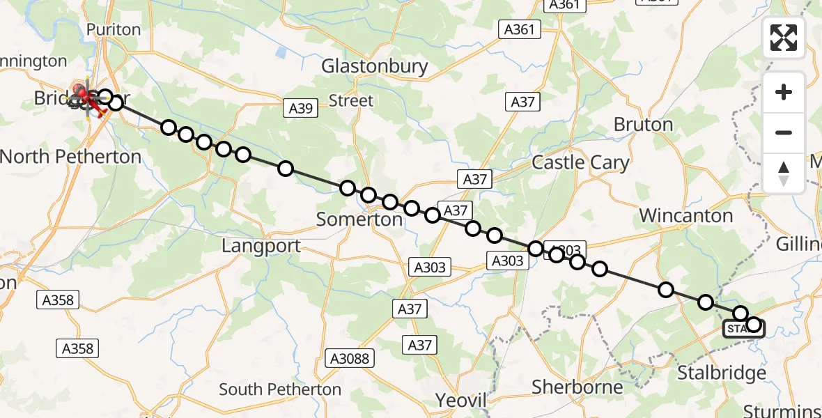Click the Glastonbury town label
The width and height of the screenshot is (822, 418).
(374, 66)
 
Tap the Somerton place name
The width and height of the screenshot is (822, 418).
(359, 219)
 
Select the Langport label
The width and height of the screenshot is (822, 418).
(261, 246)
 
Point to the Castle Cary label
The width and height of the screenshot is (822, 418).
(580, 163)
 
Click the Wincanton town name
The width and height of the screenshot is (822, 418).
(685, 216)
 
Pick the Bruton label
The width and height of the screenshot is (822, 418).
(643, 125)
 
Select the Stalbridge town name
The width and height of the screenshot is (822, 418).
(722, 373)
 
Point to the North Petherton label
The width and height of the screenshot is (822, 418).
(70, 157)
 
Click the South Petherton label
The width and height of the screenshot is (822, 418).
(280, 389)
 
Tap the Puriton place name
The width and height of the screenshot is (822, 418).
(113, 30)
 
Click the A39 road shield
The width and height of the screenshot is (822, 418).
(301, 108)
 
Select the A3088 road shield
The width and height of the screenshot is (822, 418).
(350, 359)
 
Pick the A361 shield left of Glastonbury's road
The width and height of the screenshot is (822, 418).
(520, 29)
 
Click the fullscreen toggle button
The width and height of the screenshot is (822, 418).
(784, 38)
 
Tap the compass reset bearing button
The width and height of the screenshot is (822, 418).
(784, 173)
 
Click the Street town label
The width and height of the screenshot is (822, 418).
(350, 101)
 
